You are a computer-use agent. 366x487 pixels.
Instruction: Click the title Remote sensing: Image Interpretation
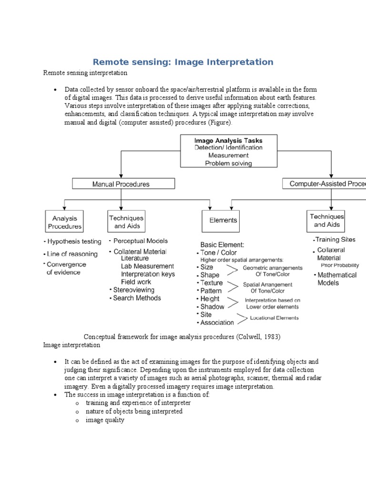pyautogui.click(x=183, y=62)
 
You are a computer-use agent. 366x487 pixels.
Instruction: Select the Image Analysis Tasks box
pyautogui.click(x=228, y=151)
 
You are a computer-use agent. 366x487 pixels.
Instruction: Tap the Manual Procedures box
pyautogui.click(x=123, y=184)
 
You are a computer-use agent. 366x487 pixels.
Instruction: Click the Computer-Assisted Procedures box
pyautogui.click(x=324, y=184)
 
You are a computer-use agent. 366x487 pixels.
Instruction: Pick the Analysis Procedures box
pyautogui.click(x=64, y=222)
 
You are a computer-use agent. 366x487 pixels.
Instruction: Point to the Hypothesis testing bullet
pyautogui.click(x=74, y=241)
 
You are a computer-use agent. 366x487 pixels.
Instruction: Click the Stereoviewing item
pyautogui.click(x=133, y=290)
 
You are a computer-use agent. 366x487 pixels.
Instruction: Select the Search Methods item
pyautogui.click(x=137, y=298)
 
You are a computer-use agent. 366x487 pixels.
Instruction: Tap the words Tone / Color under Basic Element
pyautogui.click(x=218, y=253)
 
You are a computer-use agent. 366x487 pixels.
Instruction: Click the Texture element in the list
pyautogui.click(x=211, y=283)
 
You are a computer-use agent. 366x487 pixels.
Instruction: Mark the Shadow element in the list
pyautogui.click(x=212, y=307)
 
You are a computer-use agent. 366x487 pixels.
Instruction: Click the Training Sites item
pyautogui.click(x=335, y=240)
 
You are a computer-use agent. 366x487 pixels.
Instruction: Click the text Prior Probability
pyautogui.click(x=340, y=265)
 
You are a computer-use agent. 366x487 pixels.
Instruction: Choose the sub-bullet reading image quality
pyautogui.click(x=105, y=420)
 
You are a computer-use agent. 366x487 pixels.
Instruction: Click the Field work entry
pyautogui.click(x=136, y=282)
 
